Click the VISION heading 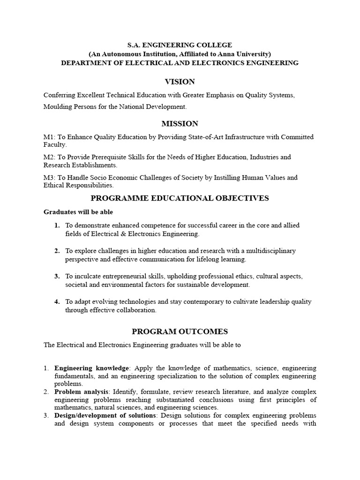tap(180, 82)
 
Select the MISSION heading tap(180, 124)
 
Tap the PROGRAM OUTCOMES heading tap(180, 331)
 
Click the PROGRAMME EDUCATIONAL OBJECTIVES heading tap(180, 198)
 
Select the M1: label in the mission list tap(50, 137)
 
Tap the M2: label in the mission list tap(50, 157)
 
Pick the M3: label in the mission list tap(50, 178)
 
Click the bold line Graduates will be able tap(78, 212)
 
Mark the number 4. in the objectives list tap(57, 302)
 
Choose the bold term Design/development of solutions tap(105, 416)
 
